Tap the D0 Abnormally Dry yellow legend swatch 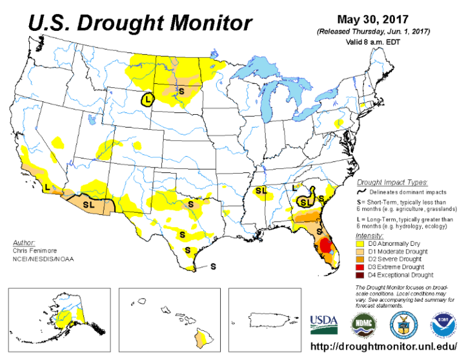coord(362,243)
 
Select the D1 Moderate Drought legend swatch coord(362,251)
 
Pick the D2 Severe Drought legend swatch coord(362,259)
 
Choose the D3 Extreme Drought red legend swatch coord(362,267)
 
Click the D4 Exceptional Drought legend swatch coord(362,275)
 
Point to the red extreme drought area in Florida coord(325,245)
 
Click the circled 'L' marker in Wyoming coord(147,99)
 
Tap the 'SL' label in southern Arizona coord(89,205)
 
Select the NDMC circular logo coord(364,324)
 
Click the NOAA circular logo coord(442,324)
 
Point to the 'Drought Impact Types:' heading coord(392,182)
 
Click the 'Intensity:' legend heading coord(370,235)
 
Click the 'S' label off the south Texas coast coord(213,266)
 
